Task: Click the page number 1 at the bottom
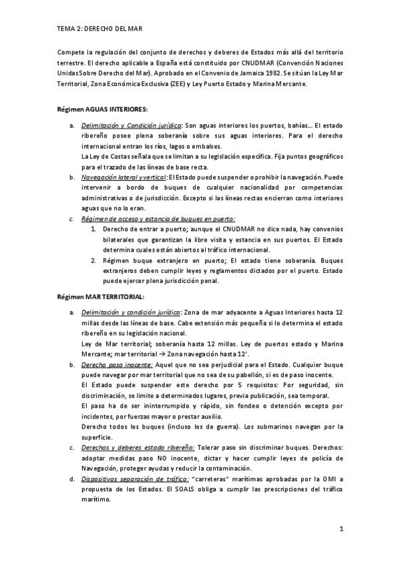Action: click(x=341, y=529)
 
